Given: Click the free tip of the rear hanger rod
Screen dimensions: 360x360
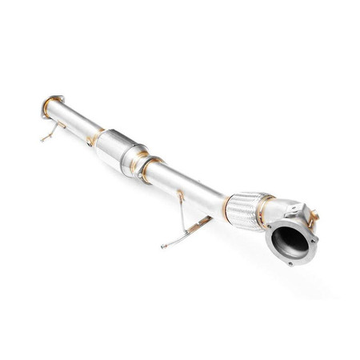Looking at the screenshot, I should pyautogui.click(x=40, y=142).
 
